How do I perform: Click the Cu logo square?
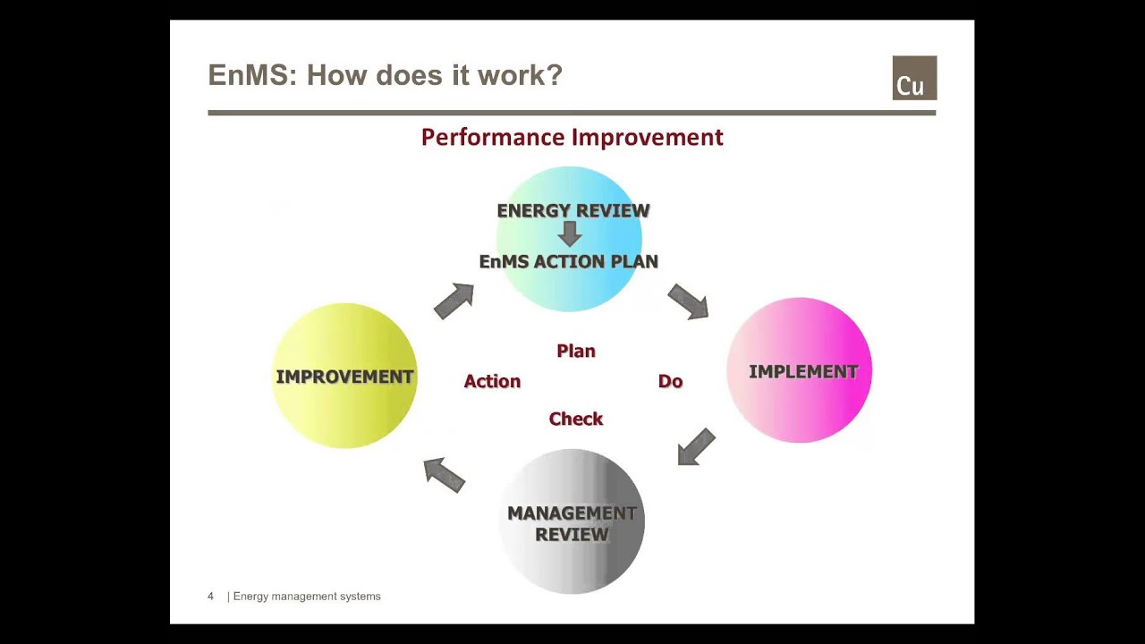tap(914, 78)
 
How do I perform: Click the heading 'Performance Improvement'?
tap(572, 137)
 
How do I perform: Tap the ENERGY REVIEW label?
tap(572, 210)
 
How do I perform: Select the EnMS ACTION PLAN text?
tap(569, 261)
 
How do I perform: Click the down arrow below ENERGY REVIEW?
tap(570, 234)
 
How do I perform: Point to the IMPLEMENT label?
tap(802, 371)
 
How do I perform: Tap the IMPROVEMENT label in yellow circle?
tap(344, 377)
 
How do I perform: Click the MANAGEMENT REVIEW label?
tap(572, 523)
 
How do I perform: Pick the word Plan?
tap(576, 351)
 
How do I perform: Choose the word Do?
tap(670, 381)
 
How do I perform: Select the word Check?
tap(576, 419)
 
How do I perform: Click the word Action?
tap(492, 381)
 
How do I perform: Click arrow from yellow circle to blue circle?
tap(454, 301)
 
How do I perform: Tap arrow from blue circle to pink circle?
tap(688, 301)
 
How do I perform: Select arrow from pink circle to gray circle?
tap(696, 446)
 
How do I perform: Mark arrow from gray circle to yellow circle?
tap(444, 474)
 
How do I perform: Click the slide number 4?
tap(211, 596)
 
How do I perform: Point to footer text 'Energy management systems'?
tap(307, 596)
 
